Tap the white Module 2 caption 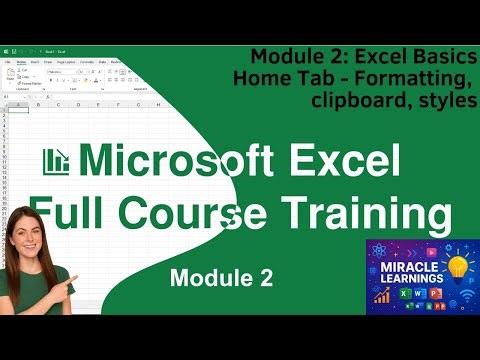click(x=220, y=279)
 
